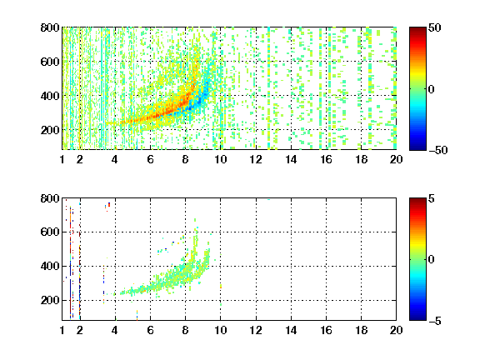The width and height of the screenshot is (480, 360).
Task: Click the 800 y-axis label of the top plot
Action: tap(50, 27)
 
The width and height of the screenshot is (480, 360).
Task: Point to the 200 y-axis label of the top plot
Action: tap(50, 130)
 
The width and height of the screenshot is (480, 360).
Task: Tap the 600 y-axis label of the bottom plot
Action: tap(50, 232)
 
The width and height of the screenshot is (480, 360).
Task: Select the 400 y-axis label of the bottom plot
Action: tap(50, 266)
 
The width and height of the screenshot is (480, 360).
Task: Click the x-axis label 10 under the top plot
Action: tap(220, 159)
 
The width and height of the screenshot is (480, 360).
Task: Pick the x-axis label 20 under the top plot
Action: tap(396, 159)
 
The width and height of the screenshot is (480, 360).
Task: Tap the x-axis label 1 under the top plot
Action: tap(62, 159)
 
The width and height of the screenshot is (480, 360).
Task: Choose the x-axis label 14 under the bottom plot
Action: tap(291, 330)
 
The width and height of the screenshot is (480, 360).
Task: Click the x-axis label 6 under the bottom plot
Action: tap(150, 330)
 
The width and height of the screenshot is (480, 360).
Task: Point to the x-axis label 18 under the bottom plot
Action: tap(361, 330)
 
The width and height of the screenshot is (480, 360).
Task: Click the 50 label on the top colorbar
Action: tap(435, 27)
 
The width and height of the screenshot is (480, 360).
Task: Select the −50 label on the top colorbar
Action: tap(438, 150)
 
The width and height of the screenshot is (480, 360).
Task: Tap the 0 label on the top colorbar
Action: tap(432, 89)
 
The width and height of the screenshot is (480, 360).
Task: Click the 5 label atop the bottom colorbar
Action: tap(432, 198)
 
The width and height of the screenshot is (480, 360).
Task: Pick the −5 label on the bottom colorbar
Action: tap(435, 321)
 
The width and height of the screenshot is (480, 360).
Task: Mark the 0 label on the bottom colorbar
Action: tap(432, 260)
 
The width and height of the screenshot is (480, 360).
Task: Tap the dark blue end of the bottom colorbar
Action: tap(417, 317)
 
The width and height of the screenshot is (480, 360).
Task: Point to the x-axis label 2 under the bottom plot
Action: tap(80, 330)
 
